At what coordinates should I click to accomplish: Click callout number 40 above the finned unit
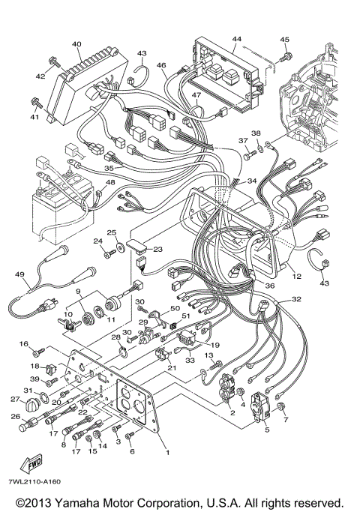[x=76, y=44]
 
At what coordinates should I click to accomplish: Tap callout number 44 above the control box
[x=237, y=39]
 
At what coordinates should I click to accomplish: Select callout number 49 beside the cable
[x=19, y=275]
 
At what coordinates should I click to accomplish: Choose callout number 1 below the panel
[x=168, y=453]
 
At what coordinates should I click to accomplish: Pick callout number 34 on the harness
[x=252, y=181]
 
